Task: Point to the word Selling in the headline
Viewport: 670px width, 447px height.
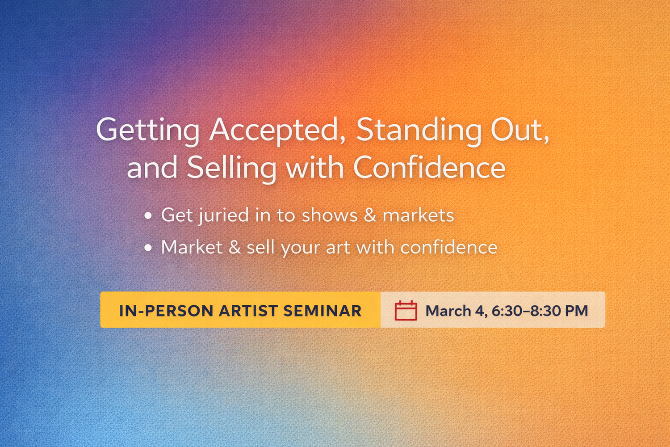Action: click(231, 168)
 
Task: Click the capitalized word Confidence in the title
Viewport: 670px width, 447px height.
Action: click(429, 167)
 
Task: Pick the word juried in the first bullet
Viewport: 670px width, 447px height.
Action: click(224, 215)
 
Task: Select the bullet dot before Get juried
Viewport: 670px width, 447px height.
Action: click(148, 215)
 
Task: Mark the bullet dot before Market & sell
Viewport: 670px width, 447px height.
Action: click(148, 248)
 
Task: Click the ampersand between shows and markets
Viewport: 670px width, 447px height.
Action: click(370, 215)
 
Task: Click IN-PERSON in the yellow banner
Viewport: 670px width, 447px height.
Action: click(166, 311)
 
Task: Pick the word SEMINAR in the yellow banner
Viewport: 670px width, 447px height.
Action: click(322, 311)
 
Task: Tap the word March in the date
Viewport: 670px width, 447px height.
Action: click(448, 311)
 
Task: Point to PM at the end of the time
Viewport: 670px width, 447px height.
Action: click(577, 311)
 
